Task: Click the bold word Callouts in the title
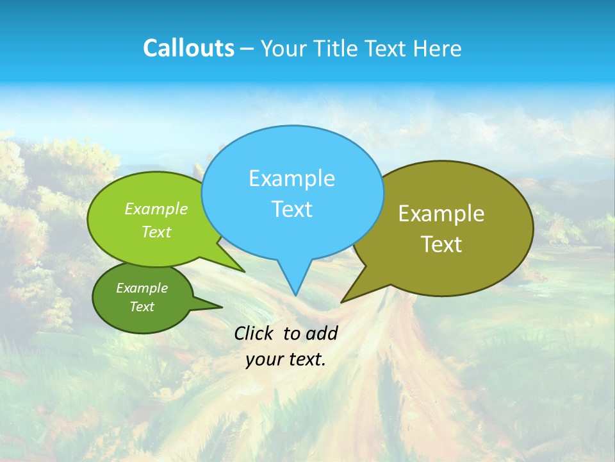188,49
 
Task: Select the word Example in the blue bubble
291,178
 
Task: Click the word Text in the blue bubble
291,209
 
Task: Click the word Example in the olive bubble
441,214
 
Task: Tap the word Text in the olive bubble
441,244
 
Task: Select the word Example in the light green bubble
156,209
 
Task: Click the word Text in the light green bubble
156,232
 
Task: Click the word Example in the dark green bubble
142,288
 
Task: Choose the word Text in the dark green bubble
142,307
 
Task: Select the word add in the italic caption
322,333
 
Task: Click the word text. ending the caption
306,359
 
